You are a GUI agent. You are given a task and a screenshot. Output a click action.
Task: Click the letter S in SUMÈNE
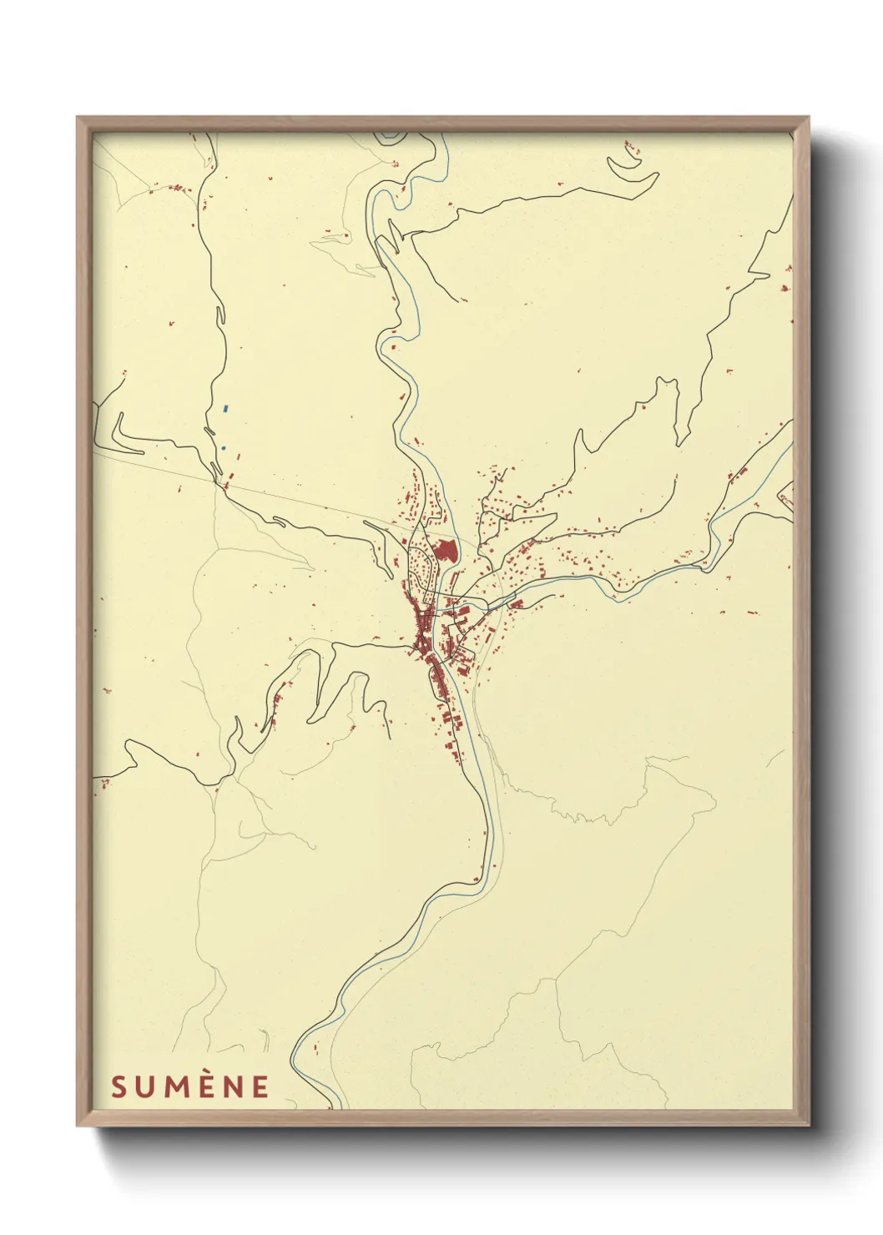coord(119,1086)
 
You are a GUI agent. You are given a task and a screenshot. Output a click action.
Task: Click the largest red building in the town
coord(445,552)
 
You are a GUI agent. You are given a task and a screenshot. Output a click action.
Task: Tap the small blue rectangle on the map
coord(225,409)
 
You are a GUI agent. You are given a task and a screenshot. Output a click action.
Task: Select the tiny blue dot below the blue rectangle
coord(223,448)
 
